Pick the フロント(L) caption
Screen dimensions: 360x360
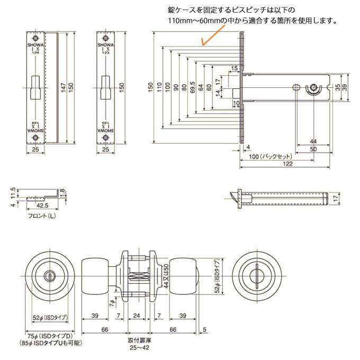pos(41,217)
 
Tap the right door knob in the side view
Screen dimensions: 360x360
pos(184,275)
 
